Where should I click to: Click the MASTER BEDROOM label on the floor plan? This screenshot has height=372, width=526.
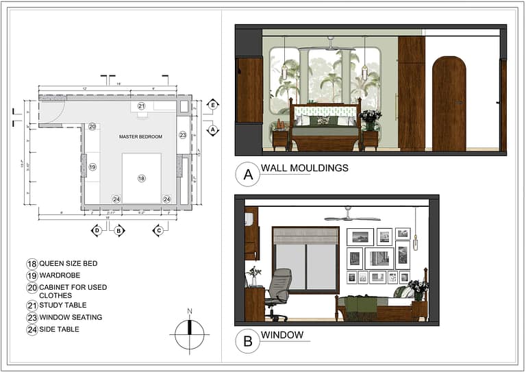pyautogui.click(x=140, y=136)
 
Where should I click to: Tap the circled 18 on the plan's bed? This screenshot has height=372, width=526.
pyautogui.click(x=142, y=178)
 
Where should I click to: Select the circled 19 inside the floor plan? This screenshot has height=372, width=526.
pyautogui.click(x=92, y=166)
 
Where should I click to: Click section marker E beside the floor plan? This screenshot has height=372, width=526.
pyautogui.click(x=213, y=105)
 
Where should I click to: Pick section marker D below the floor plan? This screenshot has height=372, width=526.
pyautogui.click(x=97, y=230)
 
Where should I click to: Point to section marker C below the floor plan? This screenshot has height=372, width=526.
pyautogui.click(x=158, y=230)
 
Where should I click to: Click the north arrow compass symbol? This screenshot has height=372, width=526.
pyautogui.click(x=190, y=334)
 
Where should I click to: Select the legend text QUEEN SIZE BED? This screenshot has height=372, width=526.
pyautogui.click(x=68, y=264)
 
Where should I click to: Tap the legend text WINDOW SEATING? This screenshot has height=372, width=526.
pyautogui.click(x=71, y=317)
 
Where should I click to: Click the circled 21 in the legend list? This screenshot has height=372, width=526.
pyautogui.click(x=32, y=305)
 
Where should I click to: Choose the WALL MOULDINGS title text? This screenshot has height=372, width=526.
pyautogui.click(x=304, y=168)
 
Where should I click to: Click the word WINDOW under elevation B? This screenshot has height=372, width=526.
pyautogui.click(x=281, y=335)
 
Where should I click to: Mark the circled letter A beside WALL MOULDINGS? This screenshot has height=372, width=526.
pyautogui.click(x=247, y=174)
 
